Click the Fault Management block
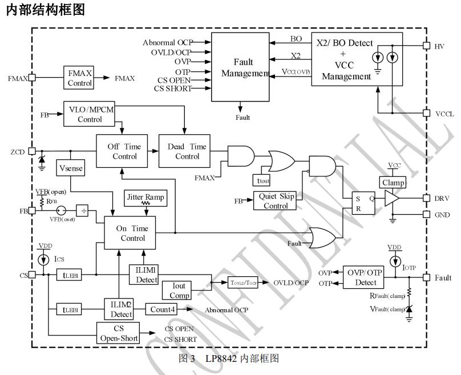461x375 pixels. (240, 67)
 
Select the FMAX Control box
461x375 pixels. (79, 78)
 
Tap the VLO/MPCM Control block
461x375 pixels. (89, 114)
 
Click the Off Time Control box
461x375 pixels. (124, 151)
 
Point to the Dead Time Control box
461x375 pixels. (187, 151)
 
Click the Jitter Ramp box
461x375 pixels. (145, 197)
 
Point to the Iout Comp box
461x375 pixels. (180, 291)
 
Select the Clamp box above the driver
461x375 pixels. (394, 183)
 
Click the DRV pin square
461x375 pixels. (426, 198)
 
